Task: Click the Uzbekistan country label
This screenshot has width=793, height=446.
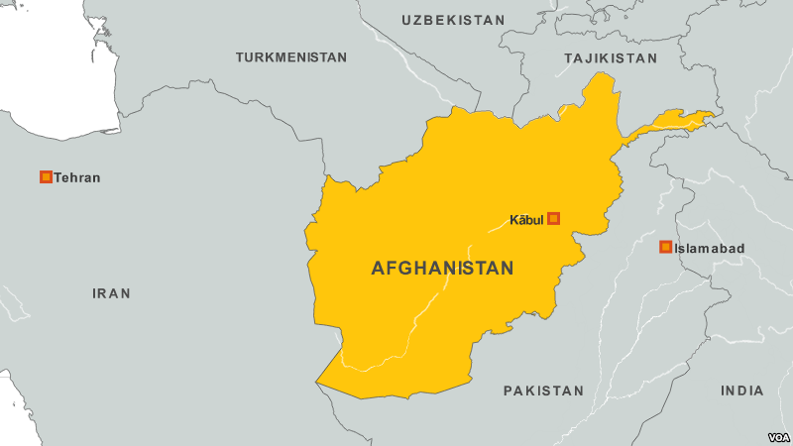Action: click(x=453, y=20)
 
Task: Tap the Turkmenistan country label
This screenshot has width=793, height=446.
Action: click(x=290, y=57)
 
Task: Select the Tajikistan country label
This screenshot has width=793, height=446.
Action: click(x=610, y=58)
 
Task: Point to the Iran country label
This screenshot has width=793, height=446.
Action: click(x=111, y=293)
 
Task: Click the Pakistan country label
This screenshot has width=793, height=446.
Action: click(x=543, y=390)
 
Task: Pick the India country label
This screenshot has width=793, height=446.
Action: click(x=742, y=390)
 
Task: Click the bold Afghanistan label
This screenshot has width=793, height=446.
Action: click(x=442, y=268)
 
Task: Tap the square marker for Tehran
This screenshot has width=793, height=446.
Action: click(x=46, y=177)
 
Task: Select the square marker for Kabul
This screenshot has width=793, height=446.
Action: click(x=554, y=218)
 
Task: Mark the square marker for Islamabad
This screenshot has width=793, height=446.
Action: click(x=666, y=247)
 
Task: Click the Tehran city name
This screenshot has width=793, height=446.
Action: click(x=77, y=177)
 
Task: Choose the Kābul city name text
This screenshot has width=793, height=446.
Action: click(x=526, y=218)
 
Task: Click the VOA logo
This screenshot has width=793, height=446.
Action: click(x=777, y=434)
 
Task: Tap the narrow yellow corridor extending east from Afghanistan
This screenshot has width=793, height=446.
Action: click(x=674, y=121)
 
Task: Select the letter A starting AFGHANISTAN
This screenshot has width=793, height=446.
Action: click(x=378, y=268)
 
